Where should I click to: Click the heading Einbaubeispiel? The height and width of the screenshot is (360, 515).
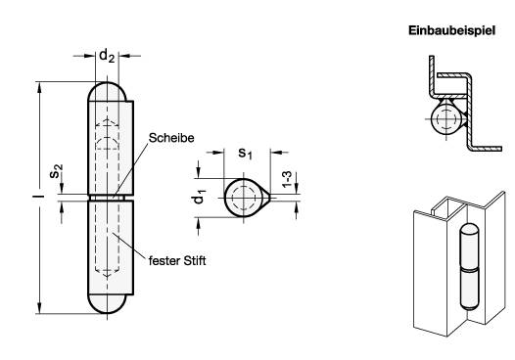point(451,31)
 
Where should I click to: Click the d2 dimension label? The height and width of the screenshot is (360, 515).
point(107,55)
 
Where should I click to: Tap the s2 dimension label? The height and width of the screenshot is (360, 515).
point(56,171)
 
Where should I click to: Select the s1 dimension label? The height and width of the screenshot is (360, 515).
point(245,154)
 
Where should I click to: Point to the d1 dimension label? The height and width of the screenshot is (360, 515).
point(199,197)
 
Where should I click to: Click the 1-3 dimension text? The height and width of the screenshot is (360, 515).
point(287,179)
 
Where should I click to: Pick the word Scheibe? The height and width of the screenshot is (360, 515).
point(171,138)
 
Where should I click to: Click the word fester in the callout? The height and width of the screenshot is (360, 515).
point(164,261)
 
